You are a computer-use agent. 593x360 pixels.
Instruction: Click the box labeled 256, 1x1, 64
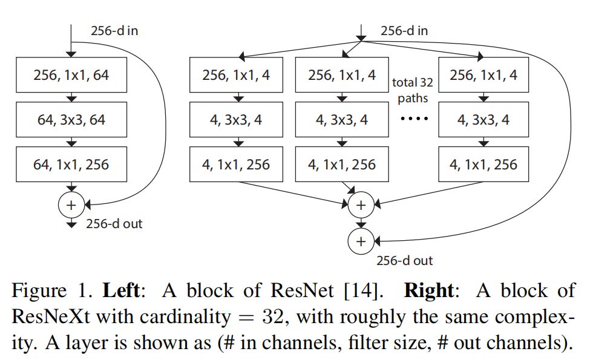click(x=71, y=76)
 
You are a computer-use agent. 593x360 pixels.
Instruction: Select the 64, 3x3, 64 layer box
click(x=71, y=120)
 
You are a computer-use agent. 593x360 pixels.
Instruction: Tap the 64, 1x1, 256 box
click(x=71, y=164)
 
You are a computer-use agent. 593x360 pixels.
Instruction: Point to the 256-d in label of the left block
click(x=114, y=30)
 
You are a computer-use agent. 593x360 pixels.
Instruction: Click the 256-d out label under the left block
click(x=114, y=224)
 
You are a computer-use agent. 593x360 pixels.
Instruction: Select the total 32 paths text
click(x=413, y=90)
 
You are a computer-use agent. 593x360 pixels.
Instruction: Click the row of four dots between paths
click(x=414, y=119)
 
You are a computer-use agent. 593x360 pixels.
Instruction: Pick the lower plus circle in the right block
click(x=361, y=241)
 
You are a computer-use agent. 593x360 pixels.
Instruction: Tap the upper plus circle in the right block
click(x=361, y=205)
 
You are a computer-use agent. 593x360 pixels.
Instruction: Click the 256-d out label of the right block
click(x=405, y=261)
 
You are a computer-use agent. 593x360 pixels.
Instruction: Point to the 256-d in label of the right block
click(x=404, y=30)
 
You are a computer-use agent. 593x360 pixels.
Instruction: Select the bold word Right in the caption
click(x=428, y=290)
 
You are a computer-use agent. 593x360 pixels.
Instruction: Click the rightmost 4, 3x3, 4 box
click(x=483, y=120)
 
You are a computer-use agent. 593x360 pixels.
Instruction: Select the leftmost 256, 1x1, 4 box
click(x=237, y=76)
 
